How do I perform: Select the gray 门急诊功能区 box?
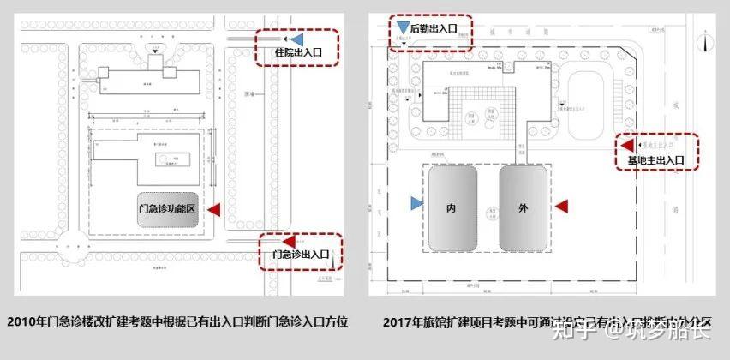click(169, 209)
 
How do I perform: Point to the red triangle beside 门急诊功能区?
click(214, 209)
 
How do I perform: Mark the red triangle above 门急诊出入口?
click(289, 241)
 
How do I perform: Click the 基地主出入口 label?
click(655, 159)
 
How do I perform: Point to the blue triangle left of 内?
click(416, 204)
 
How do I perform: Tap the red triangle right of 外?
click(562, 205)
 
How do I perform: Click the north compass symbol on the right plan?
click(702, 39)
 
